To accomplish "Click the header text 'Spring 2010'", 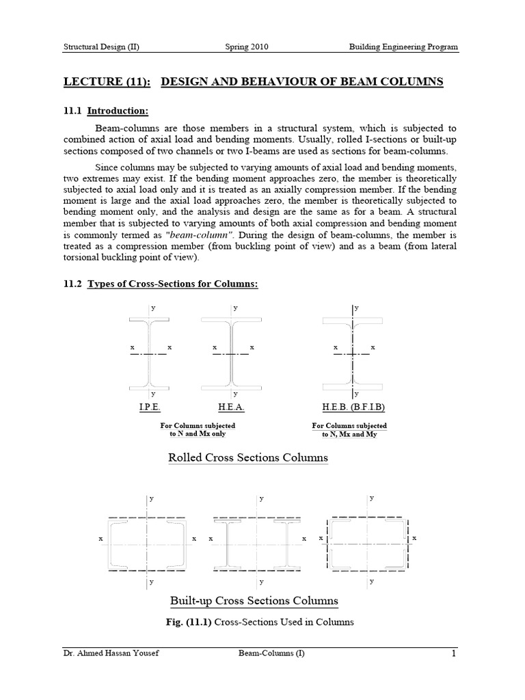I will (x=247, y=47).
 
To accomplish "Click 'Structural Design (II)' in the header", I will (x=102, y=47).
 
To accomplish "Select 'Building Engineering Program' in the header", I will (x=403, y=47).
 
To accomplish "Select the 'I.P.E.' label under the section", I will (x=150, y=408).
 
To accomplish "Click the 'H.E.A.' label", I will (x=232, y=408).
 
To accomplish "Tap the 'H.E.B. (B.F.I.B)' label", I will (x=353, y=408).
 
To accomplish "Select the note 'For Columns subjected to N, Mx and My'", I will (x=349, y=430).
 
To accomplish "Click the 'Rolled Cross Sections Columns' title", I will (x=248, y=457).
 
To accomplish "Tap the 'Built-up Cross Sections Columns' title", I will (x=254, y=601).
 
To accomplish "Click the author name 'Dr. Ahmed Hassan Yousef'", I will (x=106, y=654).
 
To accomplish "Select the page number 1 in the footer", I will (x=453, y=654).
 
